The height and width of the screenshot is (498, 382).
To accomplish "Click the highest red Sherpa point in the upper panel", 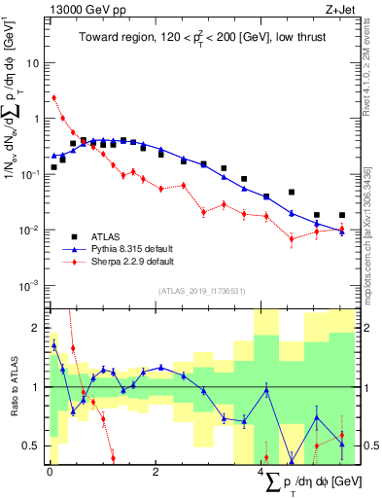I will click(54, 97).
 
